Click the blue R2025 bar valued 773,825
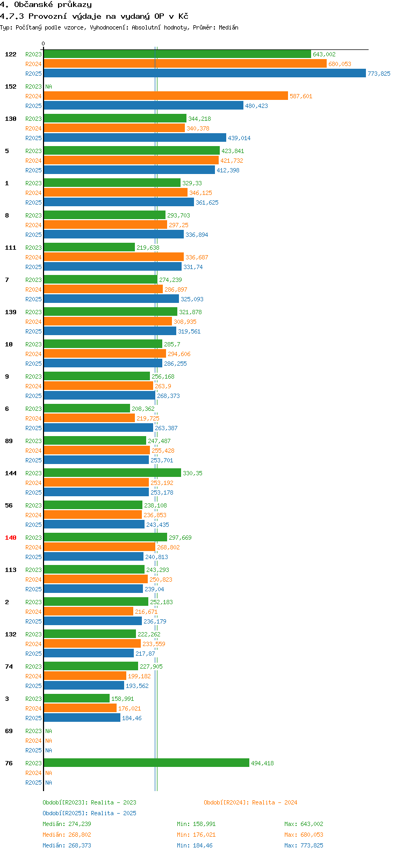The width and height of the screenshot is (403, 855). click(x=204, y=74)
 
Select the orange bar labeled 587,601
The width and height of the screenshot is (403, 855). click(x=165, y=96)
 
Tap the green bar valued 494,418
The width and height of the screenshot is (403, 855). click(x=146, y=763)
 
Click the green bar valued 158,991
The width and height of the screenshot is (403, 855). click(x=76, y=699)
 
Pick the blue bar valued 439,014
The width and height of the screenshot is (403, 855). click(x=134, y=138)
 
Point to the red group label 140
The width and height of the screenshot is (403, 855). click(x=11, y=538)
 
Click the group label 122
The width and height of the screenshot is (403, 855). click(x=11, y=54)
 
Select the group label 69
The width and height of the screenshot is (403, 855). click(x=9, y=731)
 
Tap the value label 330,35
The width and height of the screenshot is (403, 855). click(x=192, y=473)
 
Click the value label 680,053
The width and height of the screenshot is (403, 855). click(x=340, y=64)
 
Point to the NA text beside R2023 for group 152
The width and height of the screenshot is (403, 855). click(x=48, y=86)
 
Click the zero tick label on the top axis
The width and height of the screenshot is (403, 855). click(x=44, y=44)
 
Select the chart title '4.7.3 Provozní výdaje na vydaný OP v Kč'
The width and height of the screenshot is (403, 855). click(x=94, y=16)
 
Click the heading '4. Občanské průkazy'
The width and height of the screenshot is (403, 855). click(x=46, y=5)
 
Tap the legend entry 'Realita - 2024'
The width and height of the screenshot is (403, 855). click(x=250, y=802)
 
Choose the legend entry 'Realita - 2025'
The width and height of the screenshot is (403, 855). click(x=89, y=813)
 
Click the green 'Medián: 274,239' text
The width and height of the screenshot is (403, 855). click(x=67, y=824)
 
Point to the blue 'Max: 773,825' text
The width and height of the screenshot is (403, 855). click(x=304, y=845)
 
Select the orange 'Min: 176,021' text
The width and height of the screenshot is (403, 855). click(x=196, y=835)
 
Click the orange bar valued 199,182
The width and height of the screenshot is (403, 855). click(x=85, y=676)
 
